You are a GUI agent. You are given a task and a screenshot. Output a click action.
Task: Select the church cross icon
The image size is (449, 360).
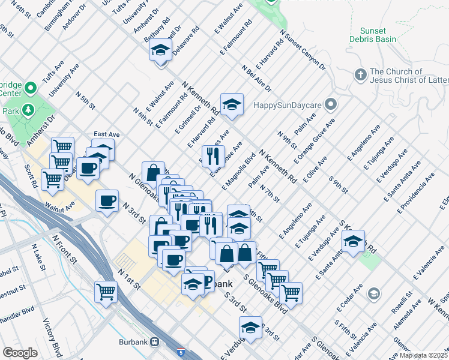pos(360,75)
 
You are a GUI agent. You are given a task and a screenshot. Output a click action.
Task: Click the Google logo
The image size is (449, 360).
pos(20,353)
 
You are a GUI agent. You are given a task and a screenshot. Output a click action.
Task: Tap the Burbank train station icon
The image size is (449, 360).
pos(155,342)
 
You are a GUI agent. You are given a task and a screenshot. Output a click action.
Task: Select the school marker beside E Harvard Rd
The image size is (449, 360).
pos(231,105)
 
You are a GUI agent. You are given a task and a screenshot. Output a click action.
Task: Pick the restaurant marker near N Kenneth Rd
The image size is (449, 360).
pos(212,157)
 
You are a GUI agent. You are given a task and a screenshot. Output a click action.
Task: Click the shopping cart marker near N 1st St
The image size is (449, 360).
pos(106,292)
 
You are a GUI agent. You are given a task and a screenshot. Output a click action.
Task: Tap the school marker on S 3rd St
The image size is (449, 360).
pos(250,328)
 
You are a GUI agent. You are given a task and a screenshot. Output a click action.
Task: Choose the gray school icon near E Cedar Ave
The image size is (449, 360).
pos(374,294)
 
